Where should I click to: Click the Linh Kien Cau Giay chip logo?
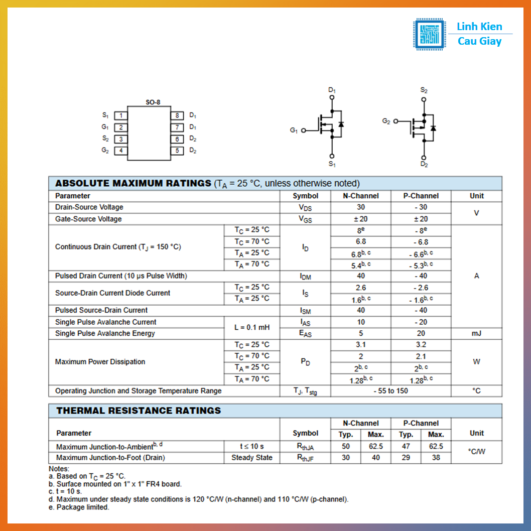429,34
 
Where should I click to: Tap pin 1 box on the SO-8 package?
120,115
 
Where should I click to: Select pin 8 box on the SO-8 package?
177,115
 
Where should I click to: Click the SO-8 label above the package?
153,102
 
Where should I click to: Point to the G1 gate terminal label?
294,130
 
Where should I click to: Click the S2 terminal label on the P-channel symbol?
424,90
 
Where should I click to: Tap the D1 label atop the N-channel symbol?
332,90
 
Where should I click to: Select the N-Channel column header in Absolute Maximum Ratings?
361,196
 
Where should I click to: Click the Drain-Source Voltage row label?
89,207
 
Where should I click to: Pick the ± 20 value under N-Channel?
361,219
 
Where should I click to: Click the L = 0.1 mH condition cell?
252,327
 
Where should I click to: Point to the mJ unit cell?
476,333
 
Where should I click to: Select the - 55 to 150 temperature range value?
391,391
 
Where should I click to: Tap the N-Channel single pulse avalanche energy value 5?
361,333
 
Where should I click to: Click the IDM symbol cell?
305,276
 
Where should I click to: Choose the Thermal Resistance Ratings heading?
139,411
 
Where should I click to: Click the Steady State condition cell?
252,458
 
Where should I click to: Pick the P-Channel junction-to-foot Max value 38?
436,458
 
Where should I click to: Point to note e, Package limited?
79,507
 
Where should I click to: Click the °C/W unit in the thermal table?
476,452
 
